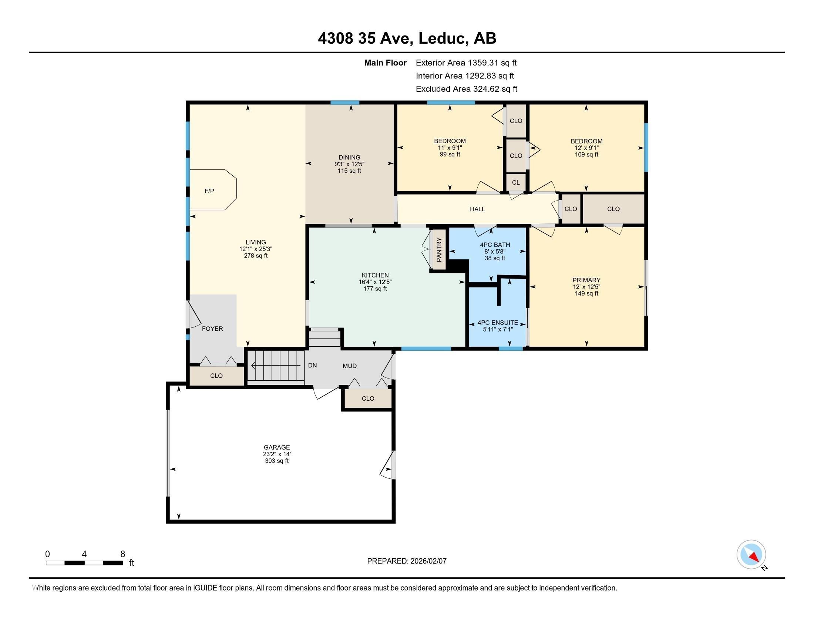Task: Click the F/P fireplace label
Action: [x=209, y=191]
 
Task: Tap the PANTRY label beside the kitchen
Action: [x=439, y=250]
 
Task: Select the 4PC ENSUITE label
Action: [x=498, y=323]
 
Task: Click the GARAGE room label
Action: [x=276, y=447]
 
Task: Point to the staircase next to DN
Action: [x=276, y=366]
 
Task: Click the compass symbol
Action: [x=751, y=554]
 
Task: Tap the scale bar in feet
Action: [x=85, y=563]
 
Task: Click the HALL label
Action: [x=477, y=209]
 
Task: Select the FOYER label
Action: [x=212, y=329]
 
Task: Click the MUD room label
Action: [x=350, y=366]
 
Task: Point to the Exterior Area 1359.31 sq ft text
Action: [x=466, y=63]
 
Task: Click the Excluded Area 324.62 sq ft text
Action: [x=466, y=89]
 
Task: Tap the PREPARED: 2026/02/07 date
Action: [x=407, y=561]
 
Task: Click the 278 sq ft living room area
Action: [x=256, y=256]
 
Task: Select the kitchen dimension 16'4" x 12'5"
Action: [x=375, y=282]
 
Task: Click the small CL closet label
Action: [x=516, y=182]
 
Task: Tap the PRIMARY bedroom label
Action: [x=586, y=280]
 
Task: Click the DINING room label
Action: [x=349, y=157]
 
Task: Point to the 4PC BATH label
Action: [x=495, y=245]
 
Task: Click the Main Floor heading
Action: [x=385, y=63]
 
